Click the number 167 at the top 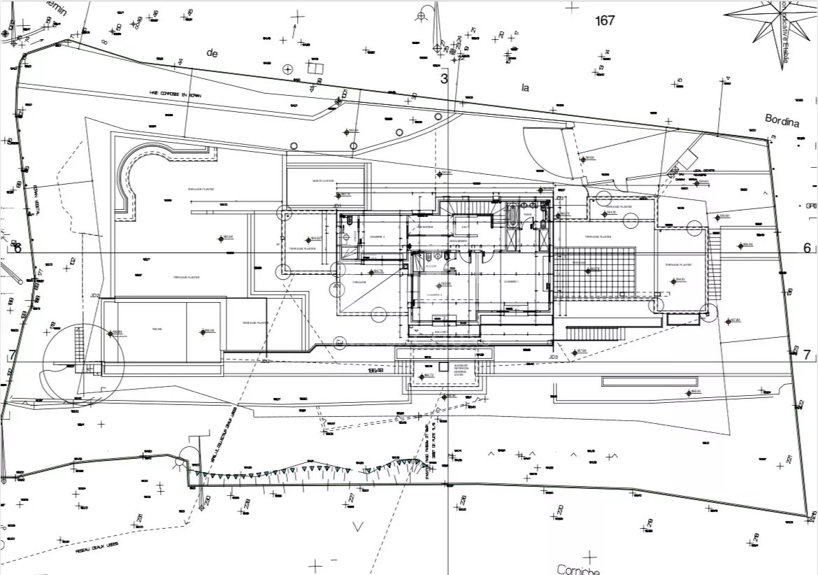tap(605, 20)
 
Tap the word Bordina tap(782, 122)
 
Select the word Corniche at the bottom tap(579, 569)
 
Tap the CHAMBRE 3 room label tap(378, 237)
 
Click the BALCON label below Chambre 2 tap(440, 333)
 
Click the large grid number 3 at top tap(443, 78)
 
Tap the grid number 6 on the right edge tap(806, 248)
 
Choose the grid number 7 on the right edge tap(806, 355)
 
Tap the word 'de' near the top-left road tap(212, 52)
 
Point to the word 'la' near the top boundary tap(526, 87)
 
